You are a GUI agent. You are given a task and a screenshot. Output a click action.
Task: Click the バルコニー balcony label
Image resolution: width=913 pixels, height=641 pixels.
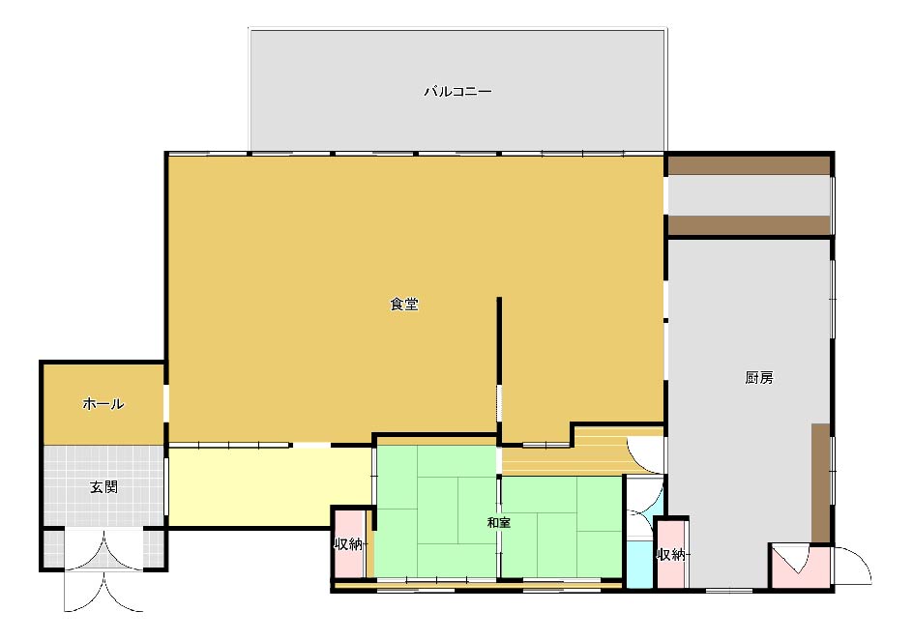pyautogui.click(x=457, y=92)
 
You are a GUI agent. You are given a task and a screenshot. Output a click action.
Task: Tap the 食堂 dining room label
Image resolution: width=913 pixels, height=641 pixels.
pyautogui.click(x=404, y=304)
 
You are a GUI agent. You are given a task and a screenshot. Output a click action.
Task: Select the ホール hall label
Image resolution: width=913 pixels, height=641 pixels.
pyautogui.click(x=103, y=403)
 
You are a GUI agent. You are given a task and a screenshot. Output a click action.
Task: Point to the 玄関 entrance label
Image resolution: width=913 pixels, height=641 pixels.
pyautogui.click(x=103, y=486)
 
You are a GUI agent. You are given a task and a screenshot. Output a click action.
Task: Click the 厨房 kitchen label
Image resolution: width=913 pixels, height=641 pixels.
pyautogui.click(x=758, y=378)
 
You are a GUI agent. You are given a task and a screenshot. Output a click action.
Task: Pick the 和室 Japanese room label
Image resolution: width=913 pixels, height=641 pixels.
pyautogui.click(x=498, y=522)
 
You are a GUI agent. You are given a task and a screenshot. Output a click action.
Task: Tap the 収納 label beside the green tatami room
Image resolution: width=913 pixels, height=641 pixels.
pyautogui.click(x=348, y=544)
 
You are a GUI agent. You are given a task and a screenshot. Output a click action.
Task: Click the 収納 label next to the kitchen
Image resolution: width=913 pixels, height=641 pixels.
pyautogui.click(x=671, y=555)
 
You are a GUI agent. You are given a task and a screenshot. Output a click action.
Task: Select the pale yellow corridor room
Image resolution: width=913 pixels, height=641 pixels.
pyautogui.click(x=270, y=486)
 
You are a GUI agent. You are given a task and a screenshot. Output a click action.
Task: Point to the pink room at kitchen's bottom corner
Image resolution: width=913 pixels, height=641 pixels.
pyautogui.click(x=801, y=566)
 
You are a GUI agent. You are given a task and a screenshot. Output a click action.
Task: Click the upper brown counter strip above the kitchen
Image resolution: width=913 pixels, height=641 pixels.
pyautogui.click(x=749, y=165)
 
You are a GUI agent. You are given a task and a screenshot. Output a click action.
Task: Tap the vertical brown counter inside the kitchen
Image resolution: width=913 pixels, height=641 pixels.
pyautogui.click(x=820, y=482)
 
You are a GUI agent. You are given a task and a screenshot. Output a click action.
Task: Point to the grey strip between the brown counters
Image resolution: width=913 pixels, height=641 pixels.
pyautogui.click(x=749, y=195)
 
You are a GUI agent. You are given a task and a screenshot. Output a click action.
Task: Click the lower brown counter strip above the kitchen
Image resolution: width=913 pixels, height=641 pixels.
pyautogui.click(x=749, y=225)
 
